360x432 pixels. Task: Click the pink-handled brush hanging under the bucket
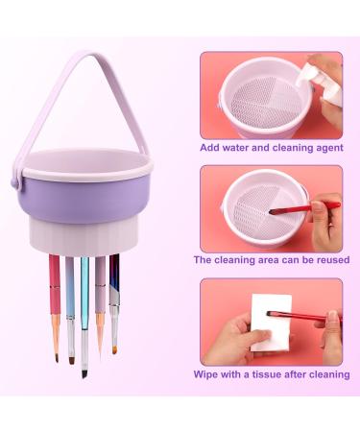click(x=54, y=288)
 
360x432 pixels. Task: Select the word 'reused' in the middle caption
click(x=323, y=259)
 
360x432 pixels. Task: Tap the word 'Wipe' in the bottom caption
click(x=209, y=372)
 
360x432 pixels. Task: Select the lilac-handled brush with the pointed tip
click(x=99, y=293)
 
